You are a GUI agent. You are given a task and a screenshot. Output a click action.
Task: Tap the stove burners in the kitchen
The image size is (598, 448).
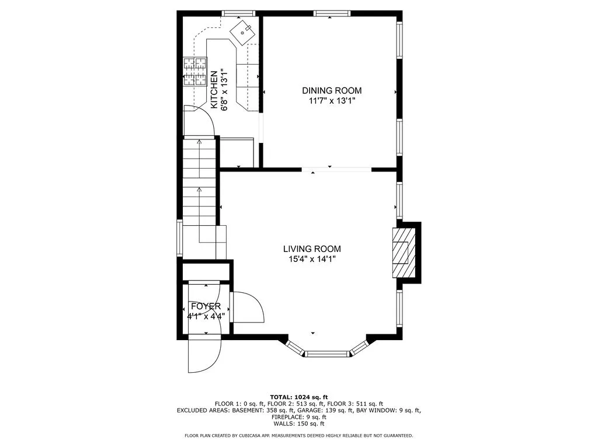coord(196,72)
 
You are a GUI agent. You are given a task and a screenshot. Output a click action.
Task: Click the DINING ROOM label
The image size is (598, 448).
coord(332,90)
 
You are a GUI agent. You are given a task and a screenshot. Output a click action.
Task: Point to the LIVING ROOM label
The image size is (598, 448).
coord(312,249)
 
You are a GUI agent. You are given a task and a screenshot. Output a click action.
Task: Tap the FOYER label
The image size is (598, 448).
coord(206,306)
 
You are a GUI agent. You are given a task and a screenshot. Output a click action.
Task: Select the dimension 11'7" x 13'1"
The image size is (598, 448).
coord(332,101)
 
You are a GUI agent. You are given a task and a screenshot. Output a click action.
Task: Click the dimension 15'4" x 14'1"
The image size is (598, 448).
coord(312,259)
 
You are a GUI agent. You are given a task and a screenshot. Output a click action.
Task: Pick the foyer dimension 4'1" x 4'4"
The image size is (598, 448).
coord(206,316)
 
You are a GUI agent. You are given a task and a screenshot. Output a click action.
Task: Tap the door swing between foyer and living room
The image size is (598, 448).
coord(248,307)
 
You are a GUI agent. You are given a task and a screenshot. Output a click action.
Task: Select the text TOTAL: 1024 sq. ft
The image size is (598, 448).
coord(298,396)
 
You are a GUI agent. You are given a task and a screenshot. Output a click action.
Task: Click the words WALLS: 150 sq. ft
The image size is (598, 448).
coord(298,424)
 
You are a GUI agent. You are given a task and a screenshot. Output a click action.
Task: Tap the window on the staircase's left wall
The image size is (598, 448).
coord(180,238)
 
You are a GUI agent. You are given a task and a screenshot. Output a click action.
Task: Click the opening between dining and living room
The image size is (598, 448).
coord(336,170)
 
